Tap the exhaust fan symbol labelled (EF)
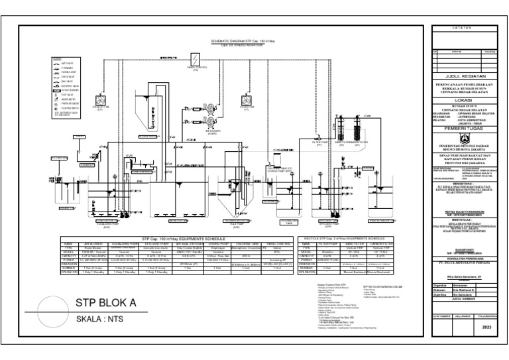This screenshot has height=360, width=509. [x=101, y=101]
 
